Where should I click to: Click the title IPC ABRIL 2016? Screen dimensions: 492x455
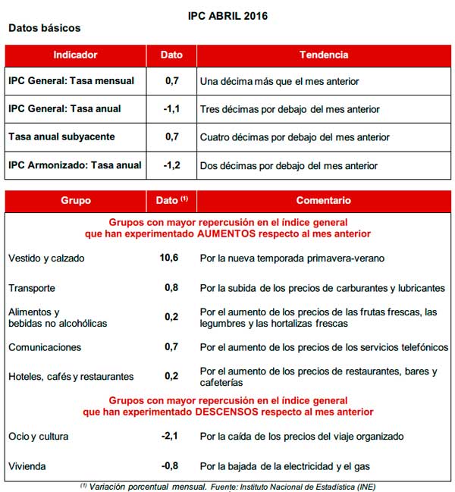[x=227, y=15]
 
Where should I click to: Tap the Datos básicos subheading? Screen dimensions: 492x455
[x=44, y=28]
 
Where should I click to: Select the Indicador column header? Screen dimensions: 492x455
[x=75, y=55]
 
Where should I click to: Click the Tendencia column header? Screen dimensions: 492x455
[x=324, y=55]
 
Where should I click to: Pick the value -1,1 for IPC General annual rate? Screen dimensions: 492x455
[x=171, y=109]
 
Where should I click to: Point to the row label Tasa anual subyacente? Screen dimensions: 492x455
[x=61, y=137]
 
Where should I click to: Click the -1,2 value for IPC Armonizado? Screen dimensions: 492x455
[x=171, y=165]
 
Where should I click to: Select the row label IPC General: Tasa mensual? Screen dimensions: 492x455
[x=71, y=81]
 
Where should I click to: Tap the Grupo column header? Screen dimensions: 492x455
[x=75, y=201]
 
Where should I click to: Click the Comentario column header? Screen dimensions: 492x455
[x=324, y=201]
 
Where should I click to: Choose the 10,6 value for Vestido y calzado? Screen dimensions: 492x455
[x=170, y=259]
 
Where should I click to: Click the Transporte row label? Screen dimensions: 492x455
[x=32, y=289]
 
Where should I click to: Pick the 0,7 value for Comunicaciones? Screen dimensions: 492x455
[x=171, y=347]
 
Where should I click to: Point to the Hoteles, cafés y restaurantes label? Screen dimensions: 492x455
[x=71, y=377]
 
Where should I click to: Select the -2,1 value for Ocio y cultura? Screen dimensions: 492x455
[x=171, y=437]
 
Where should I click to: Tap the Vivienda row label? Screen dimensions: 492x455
[x=27, y=466]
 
